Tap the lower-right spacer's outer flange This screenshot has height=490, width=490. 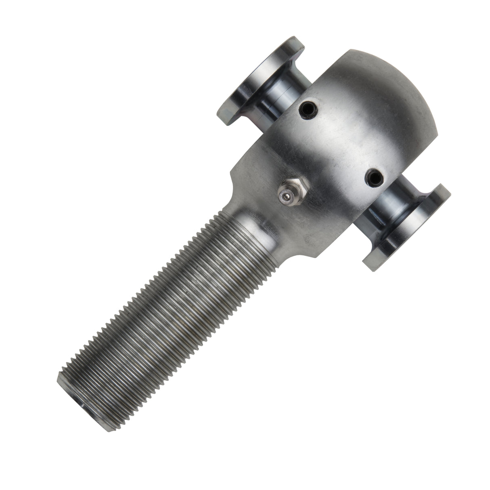point(408,230)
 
